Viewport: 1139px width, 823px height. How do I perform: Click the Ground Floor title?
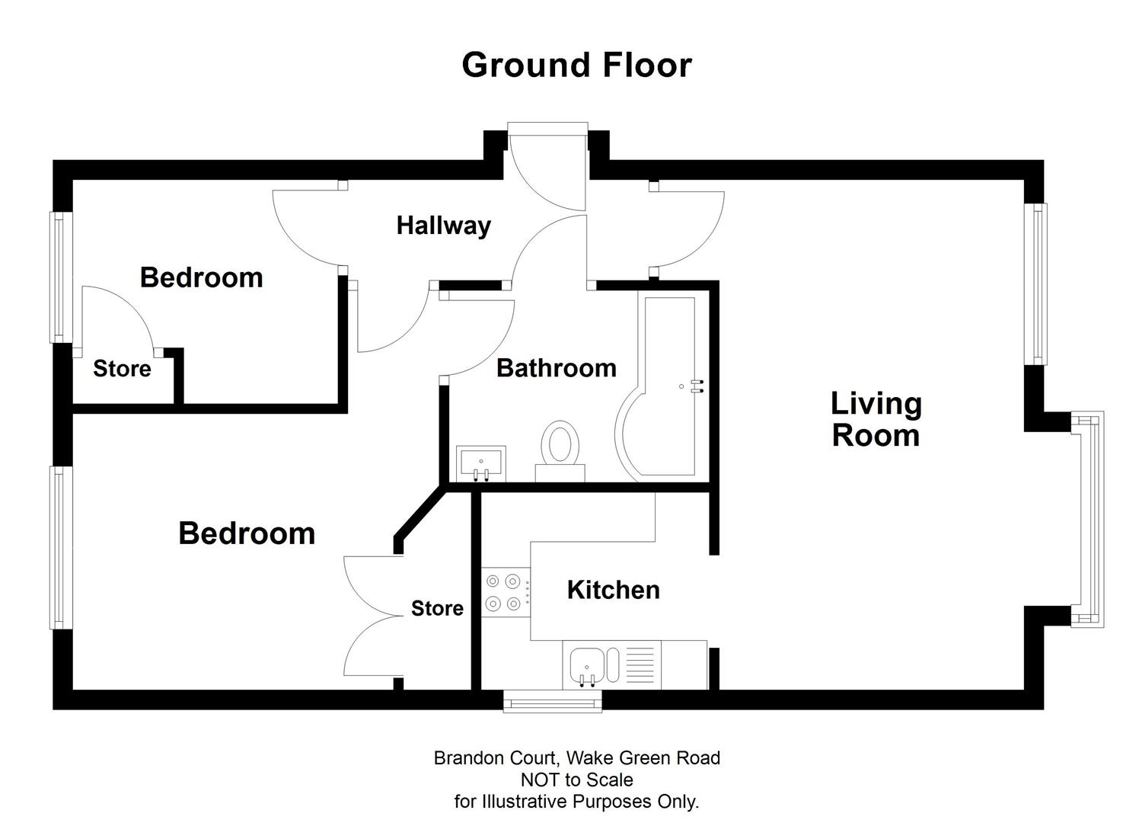(x=576, y=66)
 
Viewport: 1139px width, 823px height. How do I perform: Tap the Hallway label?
(x=443, y=226)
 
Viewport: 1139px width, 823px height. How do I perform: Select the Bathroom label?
(x=556, y=368)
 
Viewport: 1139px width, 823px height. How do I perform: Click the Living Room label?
(x=876, y=419)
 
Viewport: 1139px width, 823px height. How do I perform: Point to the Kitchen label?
(x=613, y=590)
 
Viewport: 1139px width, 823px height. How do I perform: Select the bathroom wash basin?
(x=480, y=463)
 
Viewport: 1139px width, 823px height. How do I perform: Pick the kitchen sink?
(x=587, y=663)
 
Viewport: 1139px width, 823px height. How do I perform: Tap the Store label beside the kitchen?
(x=437, y=608)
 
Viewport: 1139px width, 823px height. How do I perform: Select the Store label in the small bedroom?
(x=122, y=369)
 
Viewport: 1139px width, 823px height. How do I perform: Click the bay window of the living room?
(x=1087, y=520)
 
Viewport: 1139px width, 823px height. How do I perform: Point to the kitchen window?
(x=553, y=700)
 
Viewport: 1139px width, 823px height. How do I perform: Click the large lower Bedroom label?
(x=247, y=533)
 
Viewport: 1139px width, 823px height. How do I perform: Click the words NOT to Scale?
(x=576, y=780)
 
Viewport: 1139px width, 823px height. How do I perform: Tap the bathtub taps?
(x=697, y=386)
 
